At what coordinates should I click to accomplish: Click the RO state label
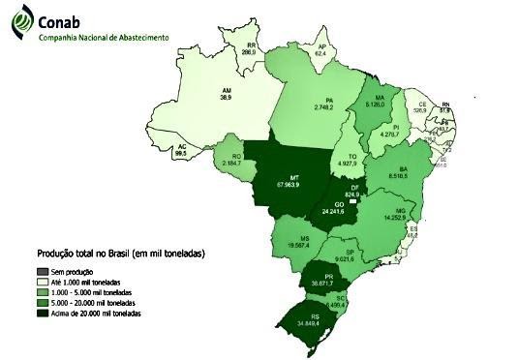[230, 156]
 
